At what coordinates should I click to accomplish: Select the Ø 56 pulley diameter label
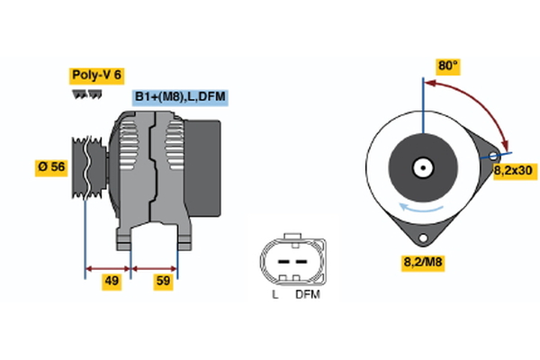(50, 167)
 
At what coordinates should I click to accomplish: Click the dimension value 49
(112, 282)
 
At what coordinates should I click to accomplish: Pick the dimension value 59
(163, 282)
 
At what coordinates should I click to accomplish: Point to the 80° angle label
(447, 66)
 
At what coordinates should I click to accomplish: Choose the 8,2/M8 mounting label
(421, 263)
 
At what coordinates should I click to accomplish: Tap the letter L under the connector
(275, 294)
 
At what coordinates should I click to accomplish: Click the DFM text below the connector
(307, 294)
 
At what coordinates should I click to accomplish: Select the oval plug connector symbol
(289, 261)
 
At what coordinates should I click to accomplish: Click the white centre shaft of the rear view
(421, 167)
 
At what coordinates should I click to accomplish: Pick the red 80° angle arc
(477, 99)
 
